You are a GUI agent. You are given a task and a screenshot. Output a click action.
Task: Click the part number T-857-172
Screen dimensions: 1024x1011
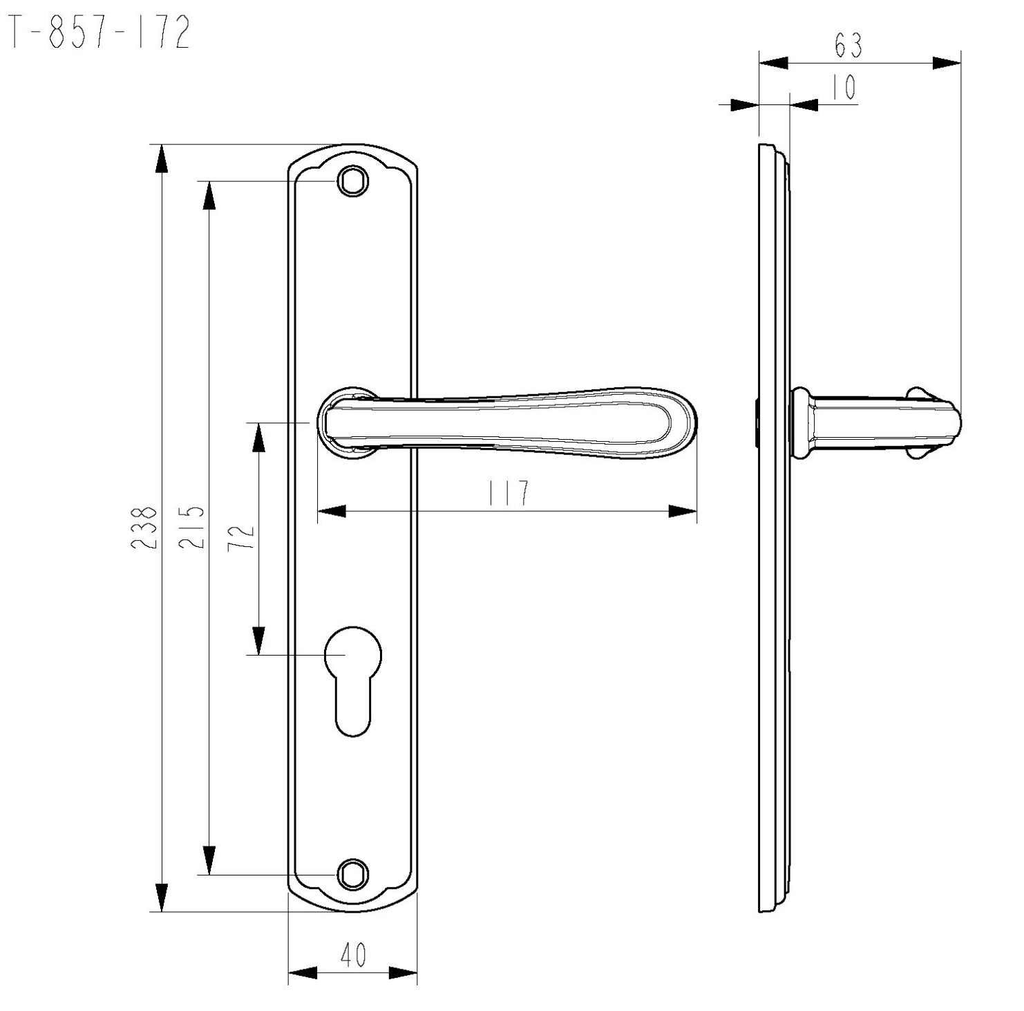click(97, 33)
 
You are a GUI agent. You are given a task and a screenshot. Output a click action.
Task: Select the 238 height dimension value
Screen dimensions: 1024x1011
click(144, 528)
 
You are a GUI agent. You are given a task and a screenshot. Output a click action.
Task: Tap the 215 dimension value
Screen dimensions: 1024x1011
click(191, 527)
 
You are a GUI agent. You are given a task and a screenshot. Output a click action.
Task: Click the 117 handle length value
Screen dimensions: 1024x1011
click(509, 493)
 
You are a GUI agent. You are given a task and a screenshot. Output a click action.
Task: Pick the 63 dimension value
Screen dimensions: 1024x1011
click(848, 46)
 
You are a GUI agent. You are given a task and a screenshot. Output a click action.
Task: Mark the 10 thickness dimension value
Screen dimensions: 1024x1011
click(842, 88)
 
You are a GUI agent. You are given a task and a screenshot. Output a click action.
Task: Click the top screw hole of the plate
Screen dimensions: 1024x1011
click(352, 181)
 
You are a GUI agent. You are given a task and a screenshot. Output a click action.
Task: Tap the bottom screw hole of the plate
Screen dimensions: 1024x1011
click(352, 874)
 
